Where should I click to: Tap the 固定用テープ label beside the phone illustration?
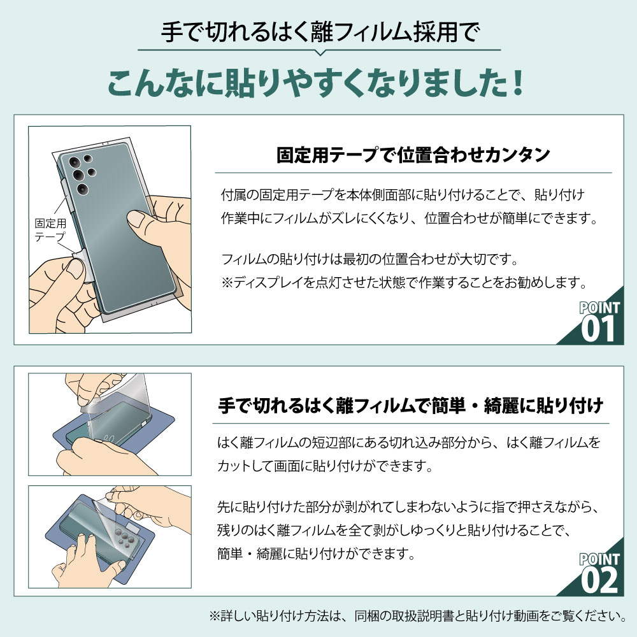(50, 230)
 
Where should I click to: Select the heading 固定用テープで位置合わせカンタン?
(413, 155)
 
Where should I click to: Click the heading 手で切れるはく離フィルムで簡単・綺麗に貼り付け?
(411, 404)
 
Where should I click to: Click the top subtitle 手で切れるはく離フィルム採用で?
(319, 29)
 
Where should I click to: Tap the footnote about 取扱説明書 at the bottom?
(417, 616)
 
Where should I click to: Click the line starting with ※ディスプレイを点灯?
(403, 281)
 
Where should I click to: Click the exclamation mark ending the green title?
(518, 83)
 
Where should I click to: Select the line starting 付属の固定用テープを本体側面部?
(403, 194)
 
